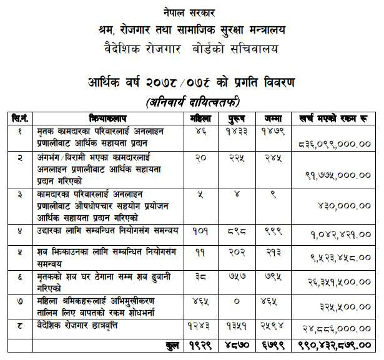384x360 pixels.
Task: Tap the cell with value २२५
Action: (232, 159)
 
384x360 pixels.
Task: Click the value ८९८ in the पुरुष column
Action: (232, 231)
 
